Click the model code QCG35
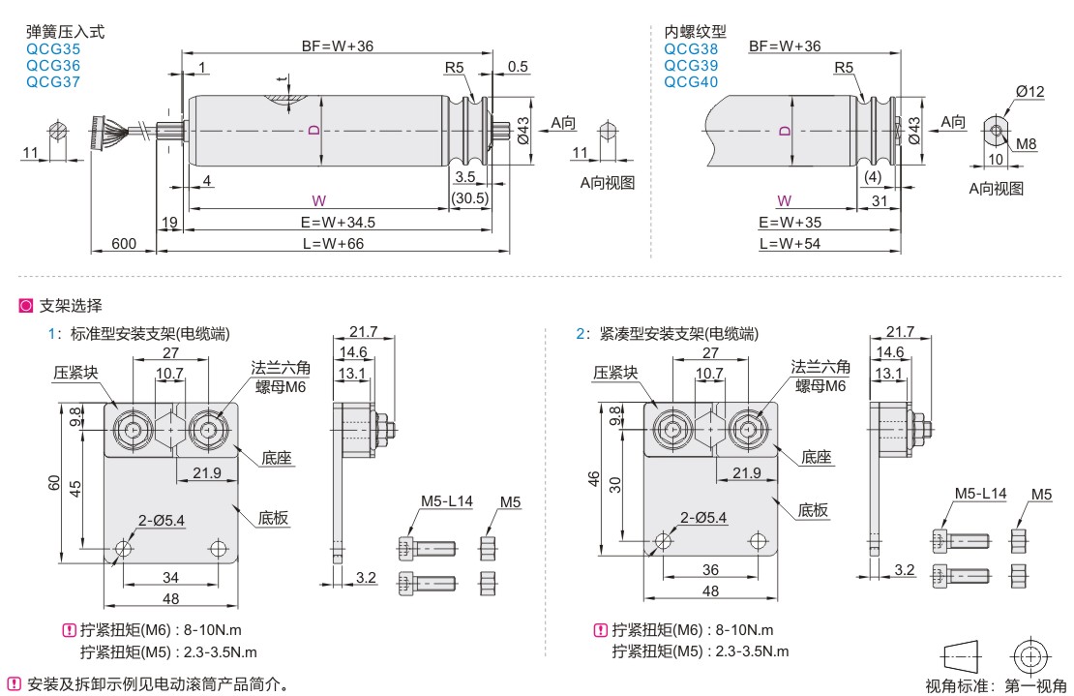53,49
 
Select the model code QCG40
691,82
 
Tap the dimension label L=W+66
333,243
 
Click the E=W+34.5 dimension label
338,222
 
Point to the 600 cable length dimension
123,243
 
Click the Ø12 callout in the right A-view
1029,91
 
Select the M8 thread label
1026,144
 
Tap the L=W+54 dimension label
790,243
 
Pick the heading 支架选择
71,306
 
